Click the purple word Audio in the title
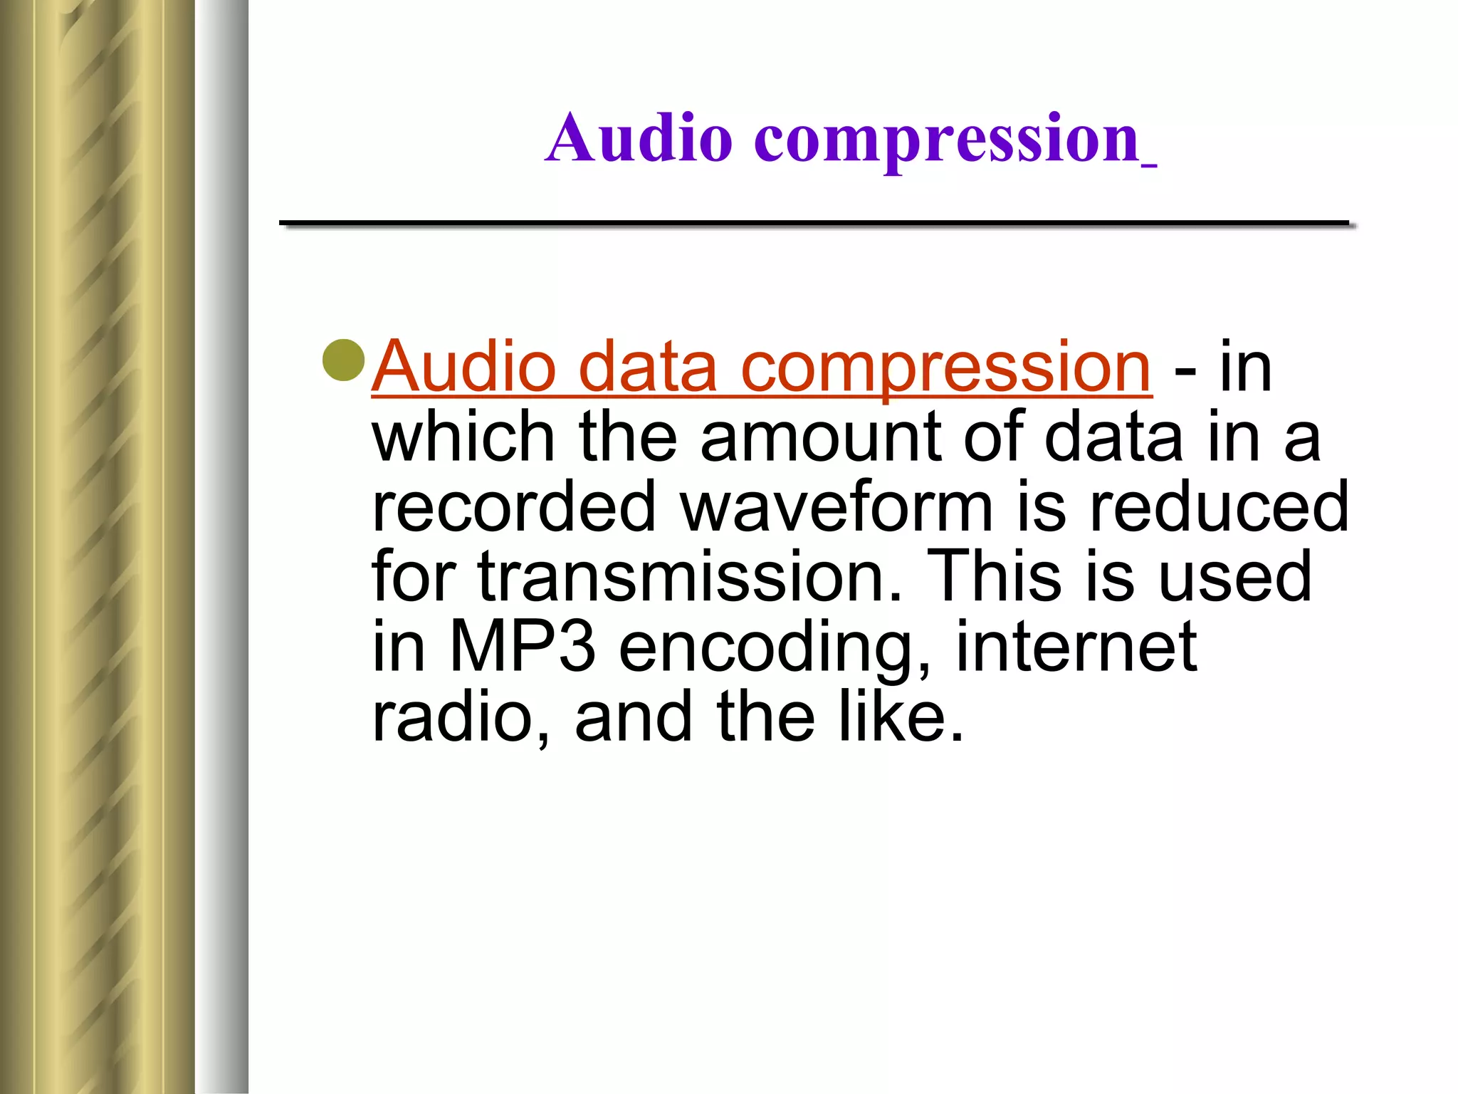(639, 138)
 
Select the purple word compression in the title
(947, 140)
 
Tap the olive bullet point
(344, 360)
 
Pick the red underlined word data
(647, 367)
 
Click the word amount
(819, 438)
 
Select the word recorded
(513, 506)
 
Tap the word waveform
(836, 506)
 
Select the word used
(1235, 576)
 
